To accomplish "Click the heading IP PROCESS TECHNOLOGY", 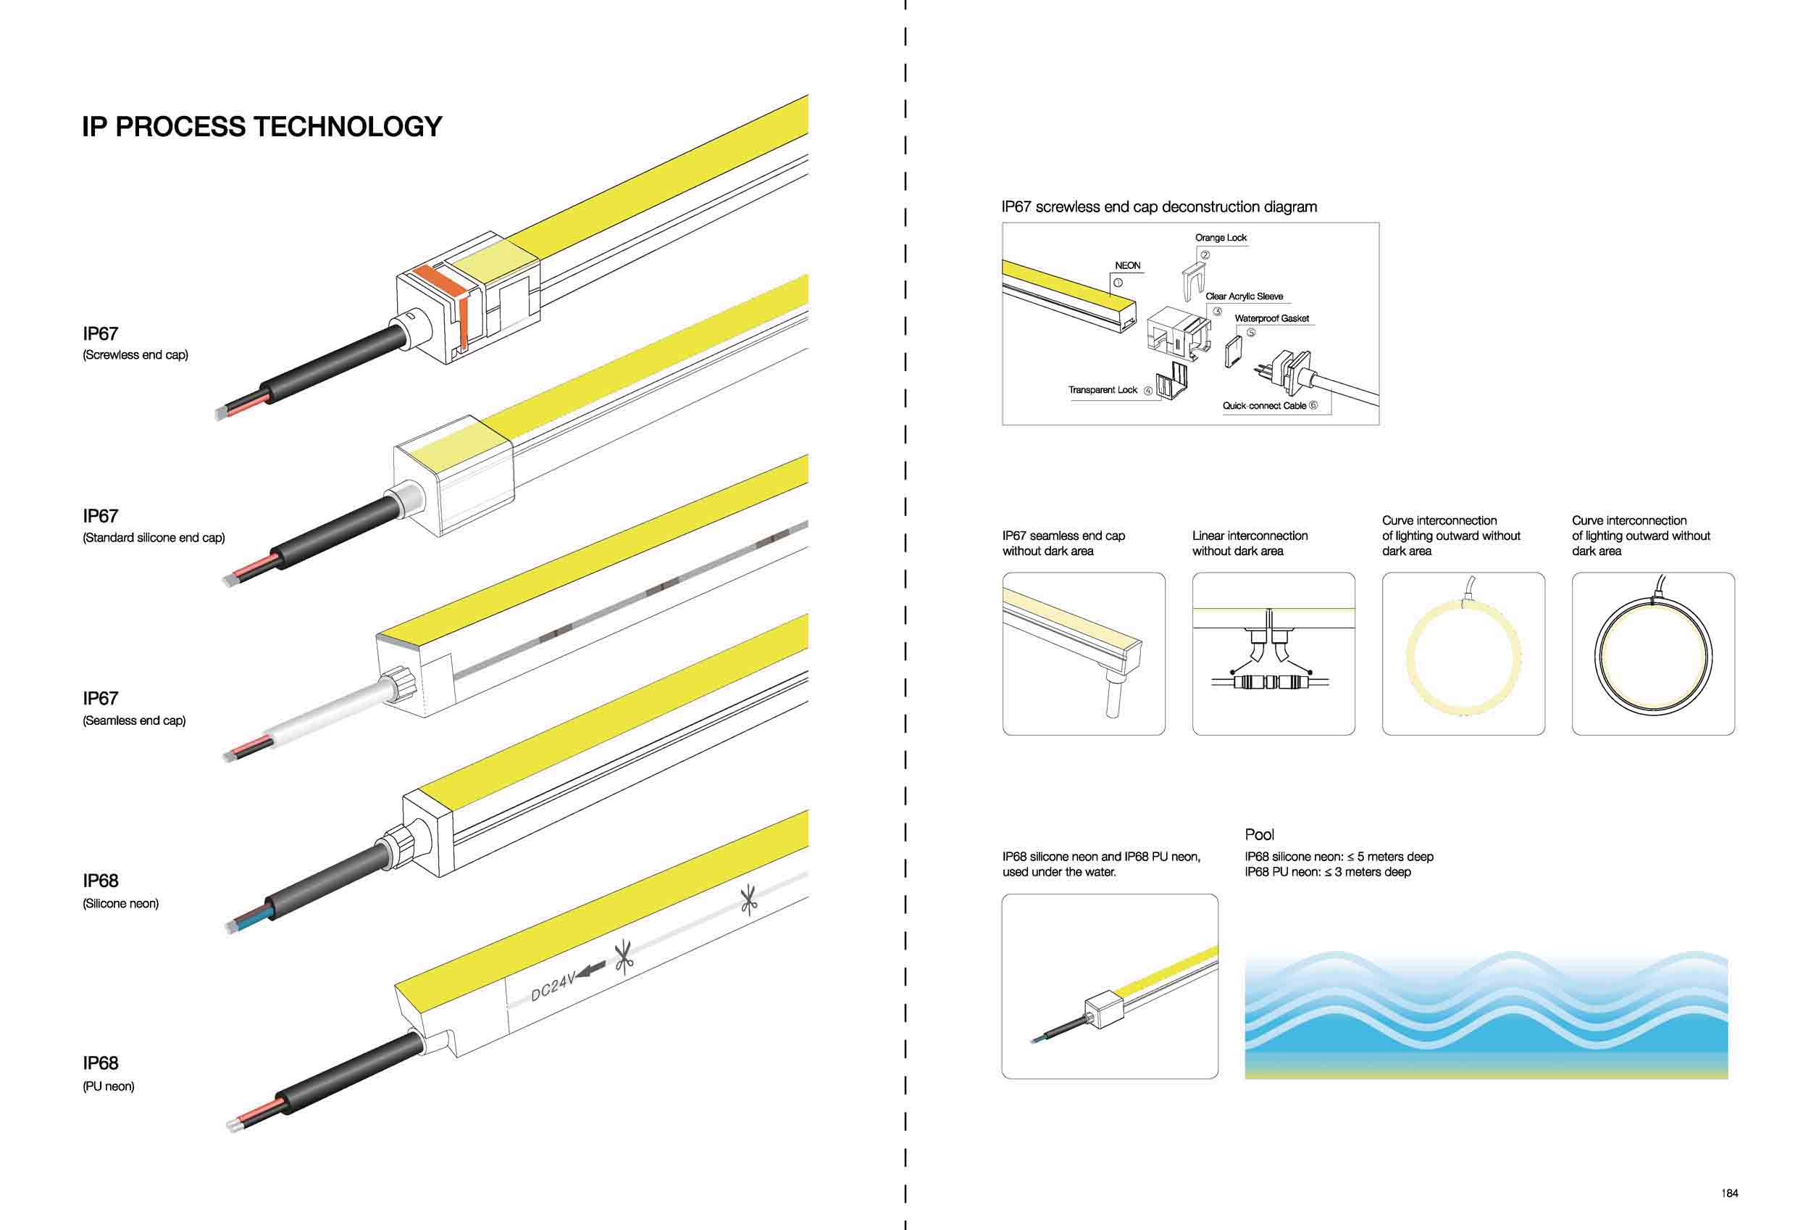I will click(262, 126).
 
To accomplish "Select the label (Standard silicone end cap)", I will click(154, 538).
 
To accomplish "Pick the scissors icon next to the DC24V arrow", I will click(624, 957).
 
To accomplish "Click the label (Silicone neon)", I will click(121, 903).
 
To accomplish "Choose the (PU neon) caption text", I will click(109, 1086).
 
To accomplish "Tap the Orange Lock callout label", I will click(1221, 238).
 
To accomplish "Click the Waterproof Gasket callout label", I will click(1272, 319).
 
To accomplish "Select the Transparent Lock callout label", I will click(1103, 390).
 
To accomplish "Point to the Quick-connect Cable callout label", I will click(1264, 406).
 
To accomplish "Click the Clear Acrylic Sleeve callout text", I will click(1244, 296).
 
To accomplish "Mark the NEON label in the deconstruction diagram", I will click(1128, 266).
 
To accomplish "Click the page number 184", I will click(1730, 1193).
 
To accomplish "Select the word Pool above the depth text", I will click(1259, 834).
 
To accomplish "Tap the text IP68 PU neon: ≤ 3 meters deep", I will click(1327, 872).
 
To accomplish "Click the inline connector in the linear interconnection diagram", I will click(1269, 682).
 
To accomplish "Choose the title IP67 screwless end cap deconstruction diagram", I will click(1159, 207).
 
